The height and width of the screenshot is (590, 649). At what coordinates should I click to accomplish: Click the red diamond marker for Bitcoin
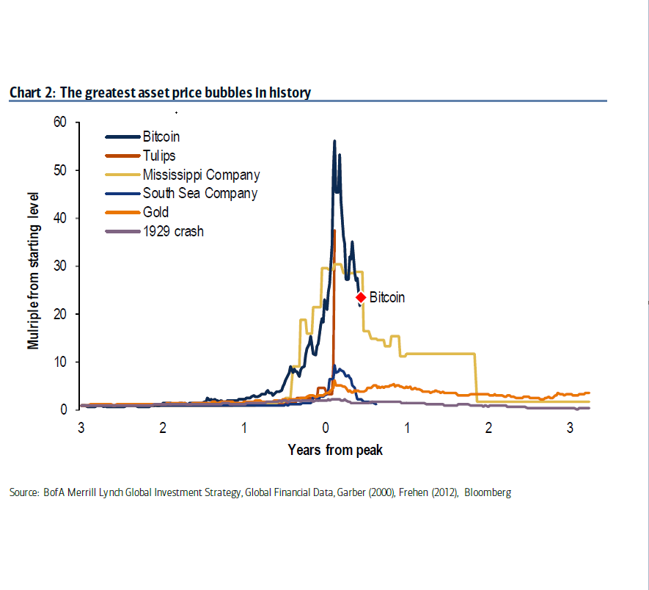(x=360, y=297)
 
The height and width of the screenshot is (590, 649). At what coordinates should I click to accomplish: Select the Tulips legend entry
(x=159, y=156)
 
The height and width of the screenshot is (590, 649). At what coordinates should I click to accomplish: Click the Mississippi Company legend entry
(x=201, y=175)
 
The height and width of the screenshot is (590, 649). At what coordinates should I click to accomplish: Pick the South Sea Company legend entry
(x=199, y=194)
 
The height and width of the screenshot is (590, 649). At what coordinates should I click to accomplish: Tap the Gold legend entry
(x=155, y=212)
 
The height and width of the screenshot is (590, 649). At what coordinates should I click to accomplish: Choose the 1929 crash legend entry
(x=173, y=231)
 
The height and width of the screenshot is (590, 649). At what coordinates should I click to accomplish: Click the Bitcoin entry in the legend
(x=161, y=136)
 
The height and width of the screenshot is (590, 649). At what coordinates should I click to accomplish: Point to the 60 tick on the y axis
(x=60, y=123)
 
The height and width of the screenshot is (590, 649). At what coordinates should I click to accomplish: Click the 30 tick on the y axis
(x=60, y=266)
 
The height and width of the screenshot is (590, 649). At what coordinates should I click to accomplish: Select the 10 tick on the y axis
(x=60, y=362)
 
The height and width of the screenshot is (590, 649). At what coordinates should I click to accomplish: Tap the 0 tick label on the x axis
(x=325, y=428)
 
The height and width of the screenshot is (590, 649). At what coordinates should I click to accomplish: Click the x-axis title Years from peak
(x=335, y=450)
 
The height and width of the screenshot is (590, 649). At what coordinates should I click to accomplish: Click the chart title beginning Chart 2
(x=160, y=92)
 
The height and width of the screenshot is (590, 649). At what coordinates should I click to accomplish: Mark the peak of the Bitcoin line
(x=334, y=141)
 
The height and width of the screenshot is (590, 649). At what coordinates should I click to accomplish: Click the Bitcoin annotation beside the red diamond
(x=387, y=297)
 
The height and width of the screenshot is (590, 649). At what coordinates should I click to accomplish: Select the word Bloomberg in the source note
(x=488, y=492)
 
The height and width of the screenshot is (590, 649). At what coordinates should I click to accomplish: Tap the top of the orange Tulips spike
(x=335, y=230)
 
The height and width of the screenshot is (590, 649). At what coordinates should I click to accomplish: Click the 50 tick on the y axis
(x=60, y=170)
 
